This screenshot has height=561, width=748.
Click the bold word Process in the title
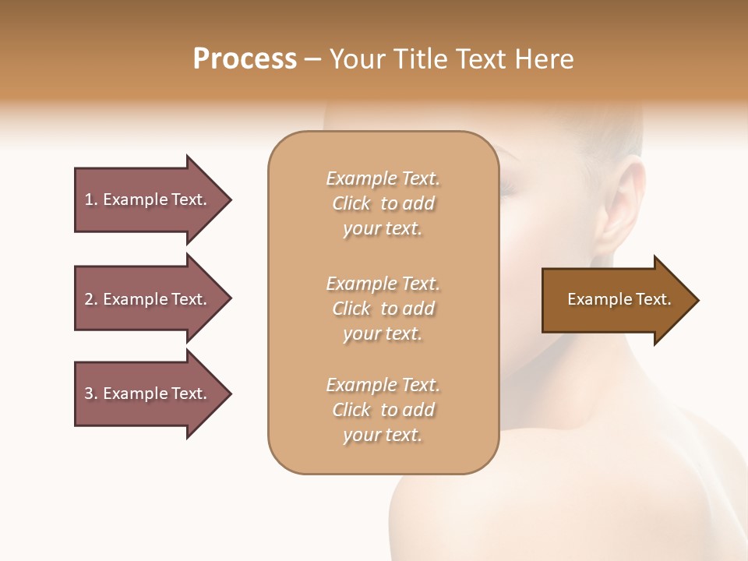(x=245, y=59)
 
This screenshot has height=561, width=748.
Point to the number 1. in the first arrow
(x=91, y=199)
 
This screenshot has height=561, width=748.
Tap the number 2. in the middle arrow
(x=91, y=299)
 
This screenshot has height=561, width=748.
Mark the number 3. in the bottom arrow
(x=91, y=393)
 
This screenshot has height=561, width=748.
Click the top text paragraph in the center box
(x=383, y=203)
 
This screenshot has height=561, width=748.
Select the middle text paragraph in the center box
(x=383, y=309)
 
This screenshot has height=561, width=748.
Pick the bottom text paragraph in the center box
(x=383, y=410)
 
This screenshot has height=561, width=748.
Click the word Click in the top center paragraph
(x=351, y=203)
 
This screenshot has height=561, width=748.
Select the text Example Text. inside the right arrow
(x=619, y=299)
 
